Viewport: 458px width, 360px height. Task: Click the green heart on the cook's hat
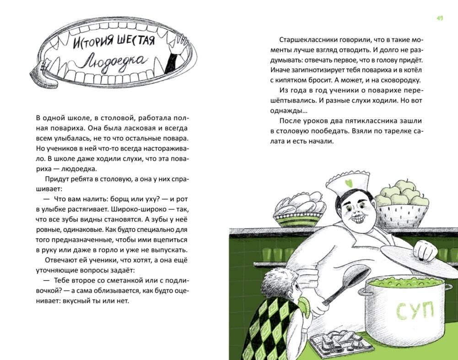[348, 184]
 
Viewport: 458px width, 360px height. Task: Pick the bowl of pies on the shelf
[299, 209]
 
